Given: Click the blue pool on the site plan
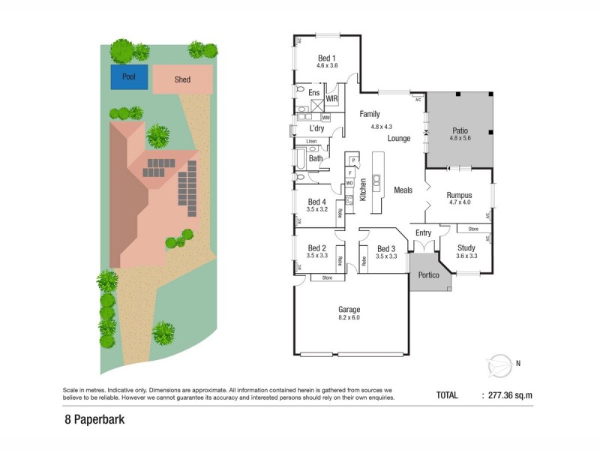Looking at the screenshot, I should point(128,76).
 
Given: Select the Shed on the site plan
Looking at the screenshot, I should point(182,79).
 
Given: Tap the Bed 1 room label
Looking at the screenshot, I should point(326,58).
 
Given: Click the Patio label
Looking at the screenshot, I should point(459,130).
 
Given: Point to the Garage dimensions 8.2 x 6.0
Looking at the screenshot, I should point(349,317).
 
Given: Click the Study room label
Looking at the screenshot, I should point(466,247).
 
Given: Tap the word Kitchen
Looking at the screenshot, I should point(362,190).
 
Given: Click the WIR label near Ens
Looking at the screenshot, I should point(331,99).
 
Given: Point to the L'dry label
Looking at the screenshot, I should point(316,128).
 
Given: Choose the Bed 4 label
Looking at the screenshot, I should point(316,202).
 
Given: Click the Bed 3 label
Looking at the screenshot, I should point(385,249).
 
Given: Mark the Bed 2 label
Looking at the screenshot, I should point(316,248).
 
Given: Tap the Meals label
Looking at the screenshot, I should point(403,190).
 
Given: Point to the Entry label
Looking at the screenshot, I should point(423,232).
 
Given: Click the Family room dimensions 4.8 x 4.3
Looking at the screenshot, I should point(382,127).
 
